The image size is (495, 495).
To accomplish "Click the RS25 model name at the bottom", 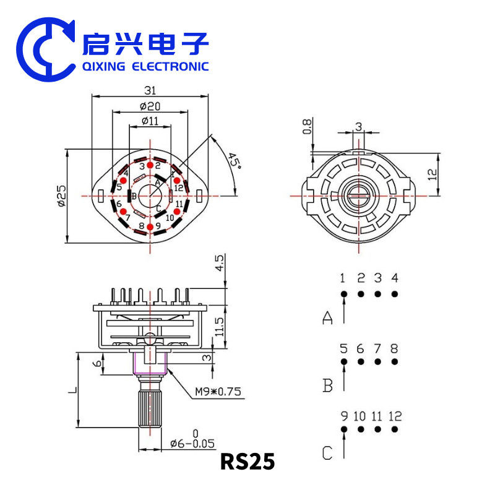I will tap(247, 462).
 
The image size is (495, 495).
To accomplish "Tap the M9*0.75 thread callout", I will tap(218, 391).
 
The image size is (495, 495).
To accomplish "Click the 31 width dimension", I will tap(150, 90).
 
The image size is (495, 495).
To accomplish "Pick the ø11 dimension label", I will tap(150, 121).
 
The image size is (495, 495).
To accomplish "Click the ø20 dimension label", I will tap(150, 106).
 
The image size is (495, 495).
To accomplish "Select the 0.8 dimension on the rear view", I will tap(306, 127).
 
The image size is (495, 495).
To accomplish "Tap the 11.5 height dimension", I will tap(219, 327).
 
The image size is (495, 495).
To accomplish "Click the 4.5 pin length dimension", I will tap(219, 265).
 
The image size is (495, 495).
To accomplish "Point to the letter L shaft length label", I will tap(72, 390).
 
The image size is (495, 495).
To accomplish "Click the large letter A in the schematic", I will tap(327, 318).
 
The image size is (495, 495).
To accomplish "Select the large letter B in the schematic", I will tap(327, 386).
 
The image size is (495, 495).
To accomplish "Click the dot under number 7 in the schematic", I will tap(377, 361).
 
